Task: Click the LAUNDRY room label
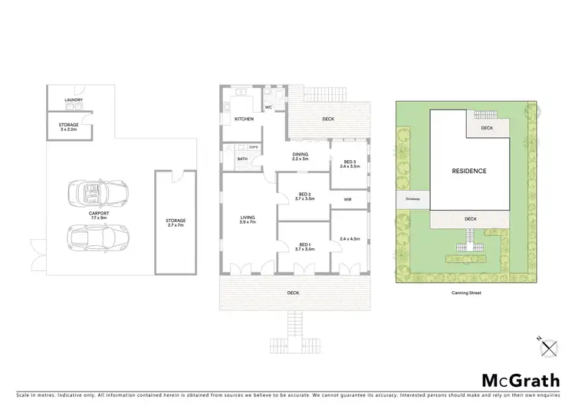(74, 100)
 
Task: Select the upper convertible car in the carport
(97, 192)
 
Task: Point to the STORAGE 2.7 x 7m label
(176, 223)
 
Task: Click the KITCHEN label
(244, 119)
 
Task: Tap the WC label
(269, 107)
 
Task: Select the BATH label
(242, 159)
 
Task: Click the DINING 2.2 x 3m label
(300, 156)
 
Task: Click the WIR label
(347, 199)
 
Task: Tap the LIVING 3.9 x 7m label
(246, 221)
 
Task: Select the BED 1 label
(304, 247)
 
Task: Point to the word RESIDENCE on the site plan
(468, 171)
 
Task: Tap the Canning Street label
(466, 292)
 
